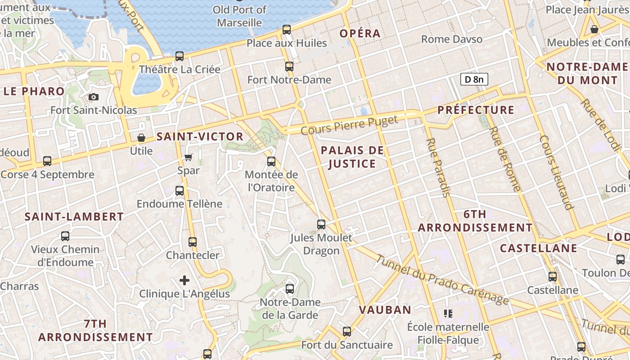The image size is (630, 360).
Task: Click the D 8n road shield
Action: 474,80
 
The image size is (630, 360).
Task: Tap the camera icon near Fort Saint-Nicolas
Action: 94,97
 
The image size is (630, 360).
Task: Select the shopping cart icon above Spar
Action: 189,157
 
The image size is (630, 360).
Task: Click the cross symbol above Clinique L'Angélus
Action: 184,280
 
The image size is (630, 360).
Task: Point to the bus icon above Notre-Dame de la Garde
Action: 290,288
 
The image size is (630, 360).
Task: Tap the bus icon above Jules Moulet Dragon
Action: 321,224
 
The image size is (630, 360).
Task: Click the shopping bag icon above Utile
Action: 141,138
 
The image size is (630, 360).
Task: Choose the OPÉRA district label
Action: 360,33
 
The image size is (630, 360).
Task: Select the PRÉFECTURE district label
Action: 476,110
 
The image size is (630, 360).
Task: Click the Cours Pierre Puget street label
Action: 349,126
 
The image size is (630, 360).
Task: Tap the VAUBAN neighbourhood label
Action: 385,310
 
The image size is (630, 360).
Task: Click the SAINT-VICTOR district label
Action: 200,137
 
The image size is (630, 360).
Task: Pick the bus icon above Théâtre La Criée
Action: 180,56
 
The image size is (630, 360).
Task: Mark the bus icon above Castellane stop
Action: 553,277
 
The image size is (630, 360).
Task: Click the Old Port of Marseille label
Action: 239,16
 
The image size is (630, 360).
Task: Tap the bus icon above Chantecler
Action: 193,242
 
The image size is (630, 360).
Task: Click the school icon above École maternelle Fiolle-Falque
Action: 448,313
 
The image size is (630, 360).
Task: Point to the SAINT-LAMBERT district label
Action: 74,217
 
